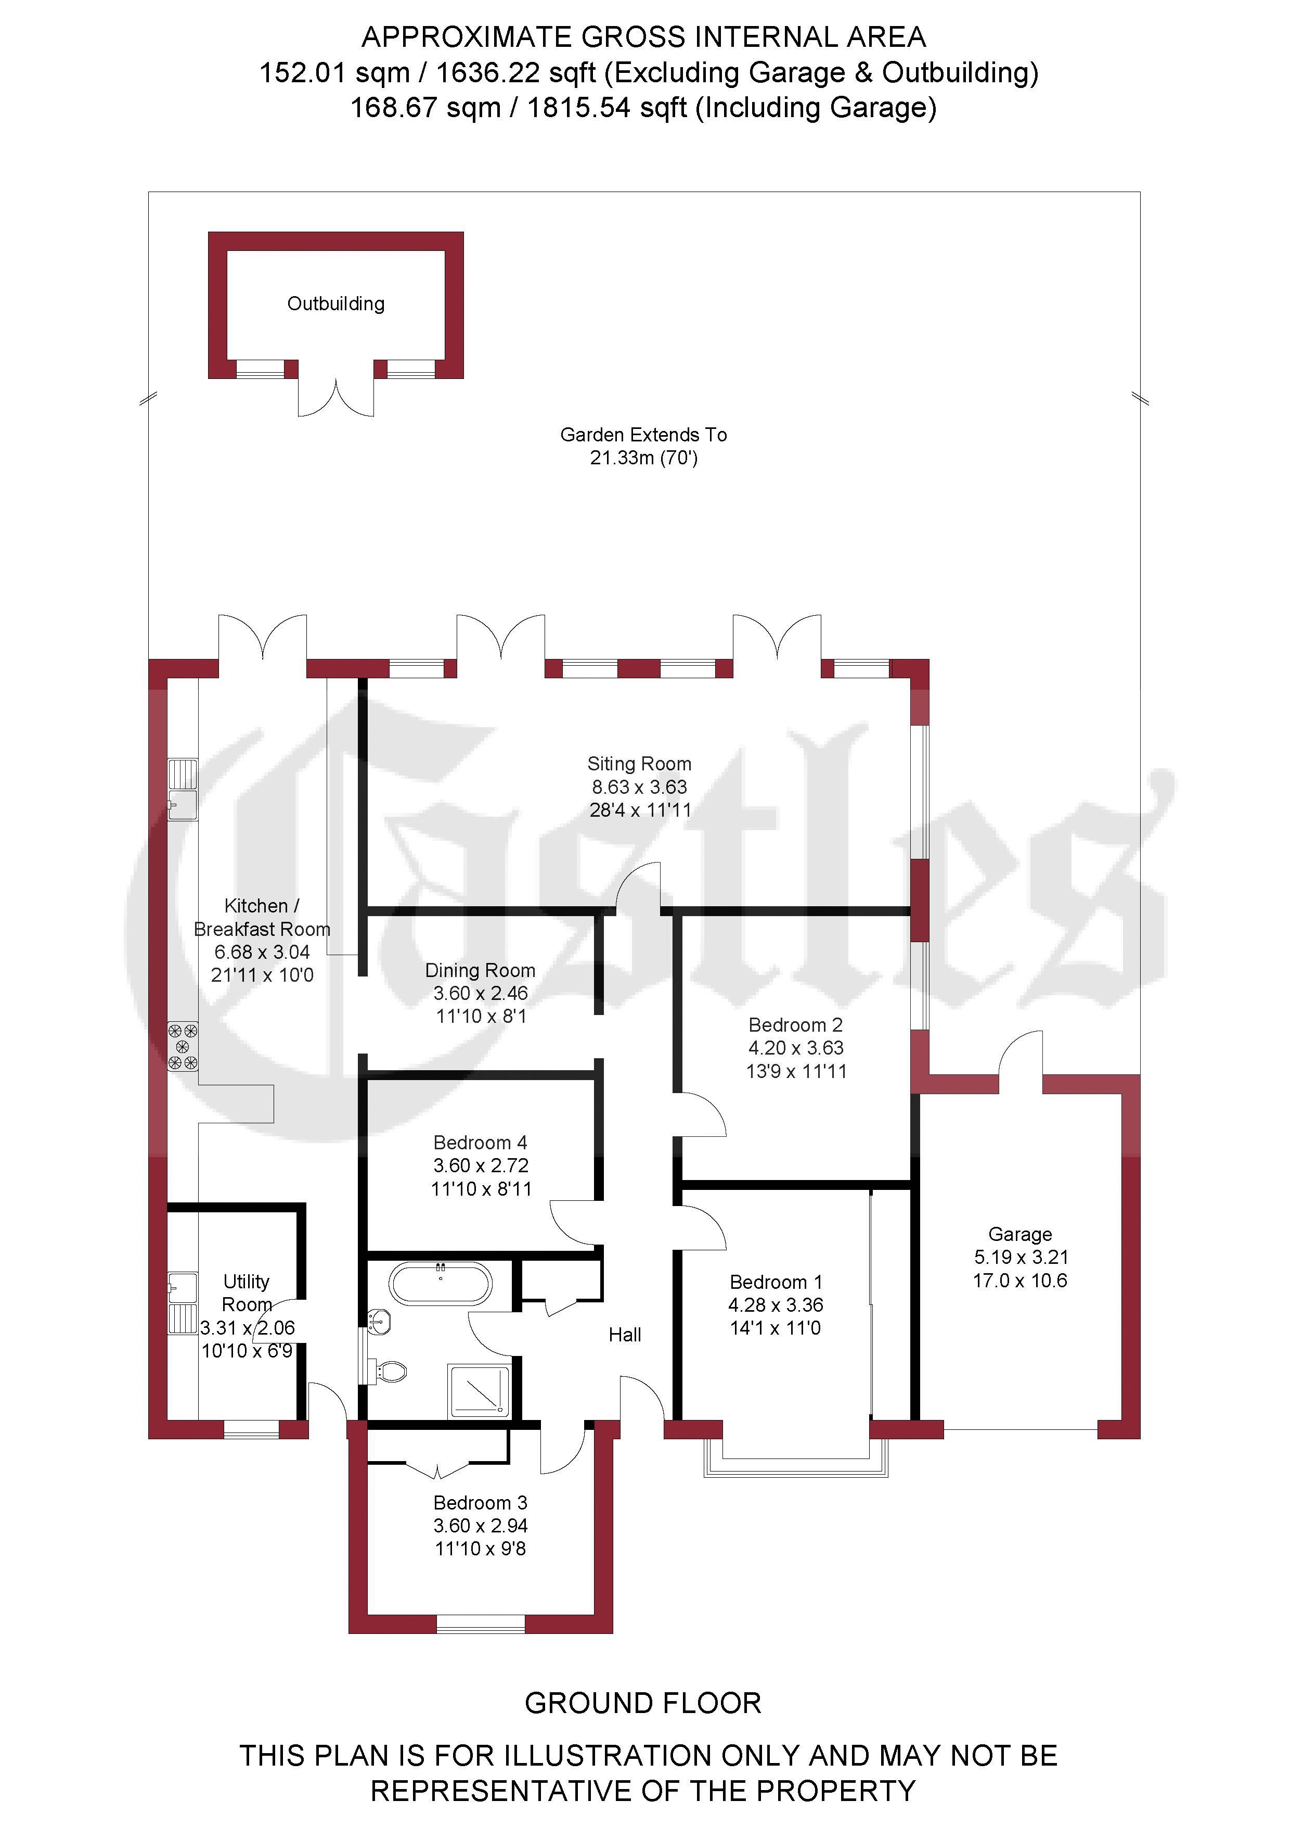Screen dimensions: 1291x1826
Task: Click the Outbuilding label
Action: point(335,304)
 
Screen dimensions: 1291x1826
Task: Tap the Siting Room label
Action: point(639,764)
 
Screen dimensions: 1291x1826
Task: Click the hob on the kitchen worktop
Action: point(182,1047)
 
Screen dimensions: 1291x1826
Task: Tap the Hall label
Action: point(625,1335)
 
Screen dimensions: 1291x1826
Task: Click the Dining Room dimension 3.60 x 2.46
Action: point(480,993)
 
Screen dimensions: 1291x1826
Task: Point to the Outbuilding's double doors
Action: point(336,396)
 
